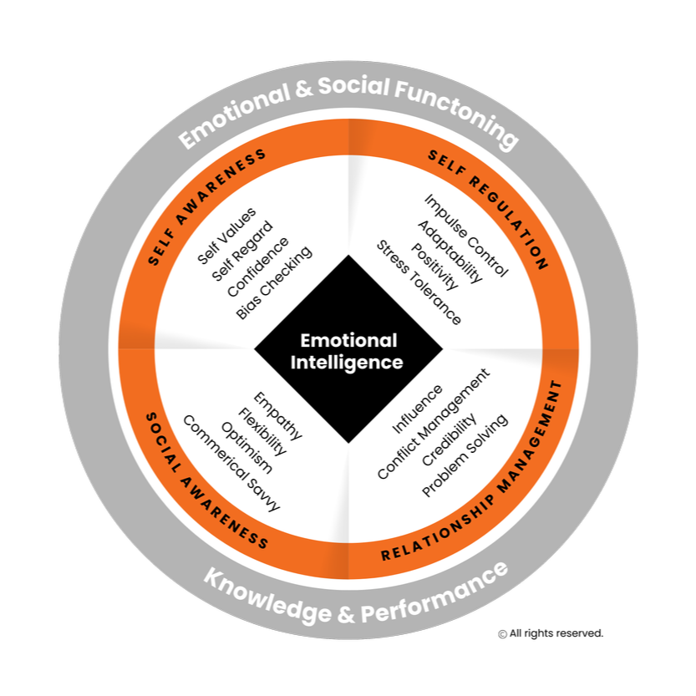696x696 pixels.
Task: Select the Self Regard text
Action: tap(242, 251)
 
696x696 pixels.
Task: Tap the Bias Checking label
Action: tap(273, 282)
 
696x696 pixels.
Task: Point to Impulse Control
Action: tap(465, 236)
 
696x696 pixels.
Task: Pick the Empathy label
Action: tap(277, 416)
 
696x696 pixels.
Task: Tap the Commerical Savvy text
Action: tap(231, 463)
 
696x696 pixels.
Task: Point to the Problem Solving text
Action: tap(465, 455)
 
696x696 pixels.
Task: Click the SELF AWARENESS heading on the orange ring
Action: tap(207, 206)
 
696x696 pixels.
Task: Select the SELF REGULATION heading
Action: tap(489, 209)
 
